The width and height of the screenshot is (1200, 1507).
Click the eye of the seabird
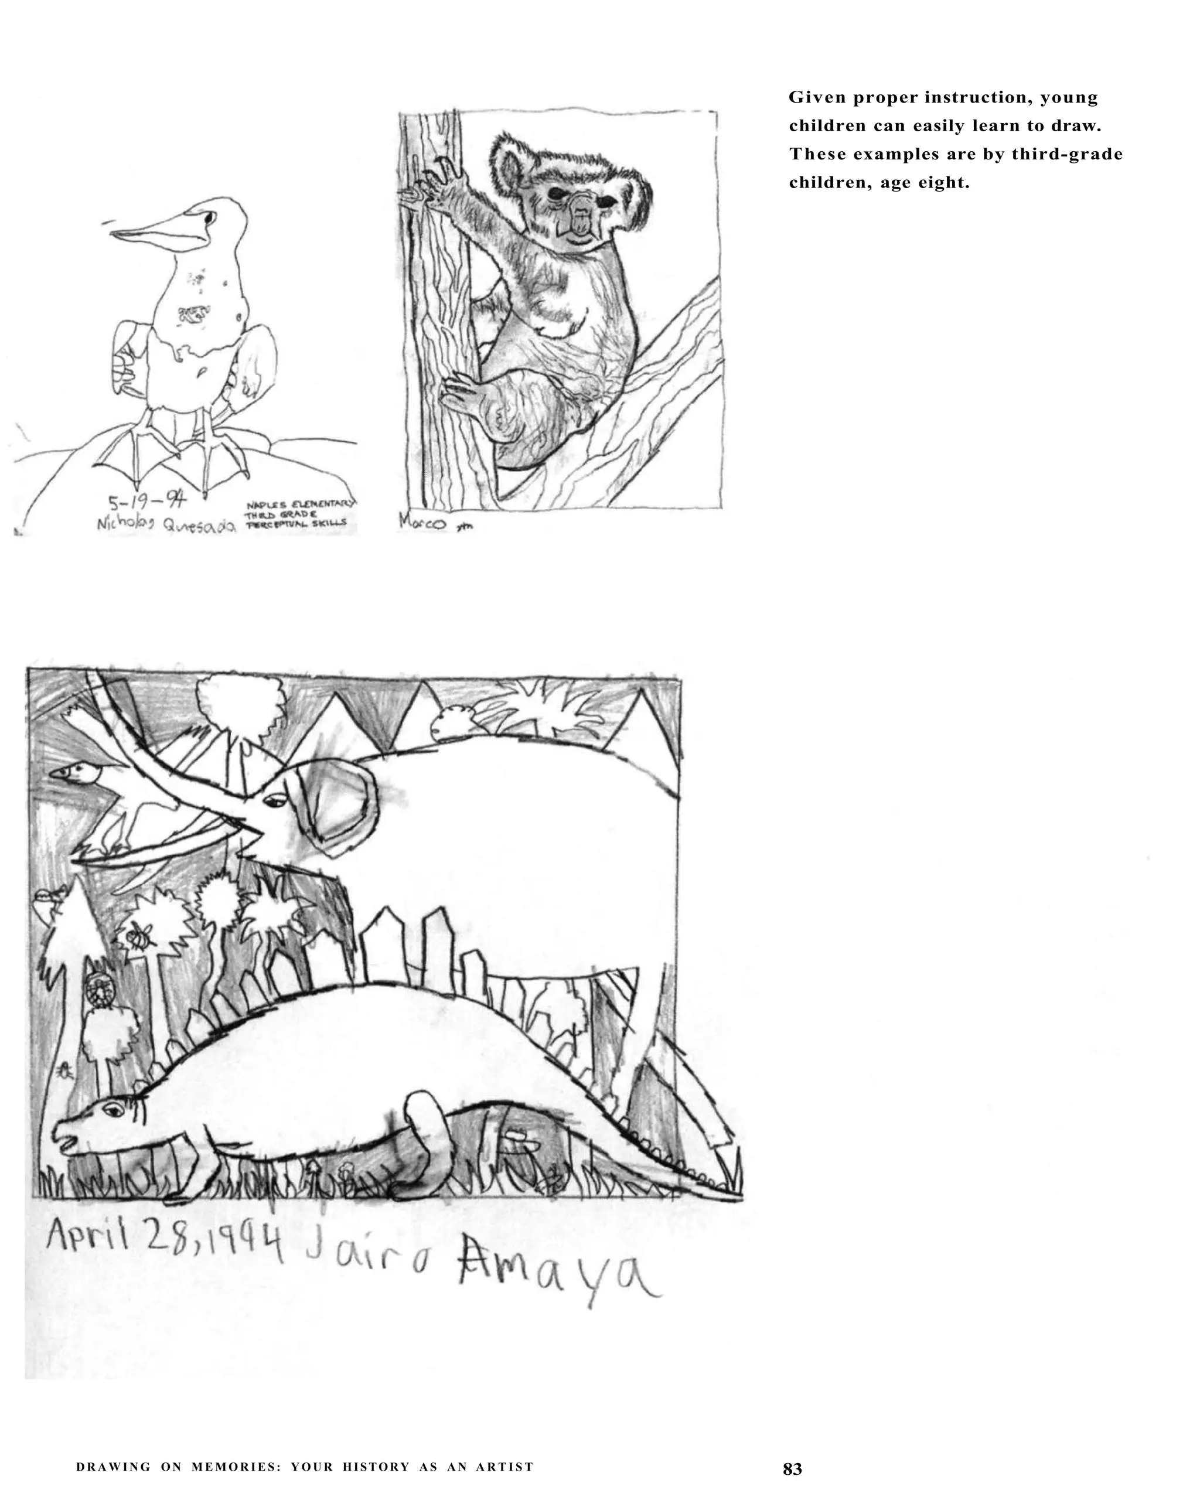click(207, 217)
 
